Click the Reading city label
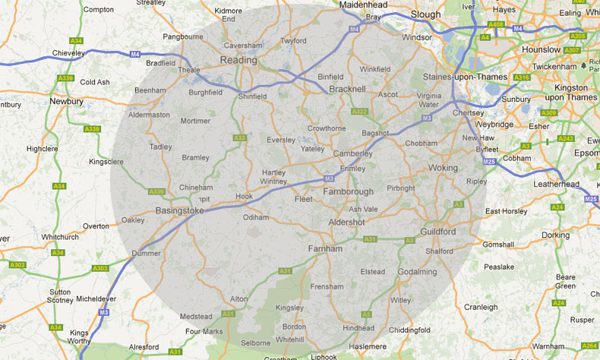(x=238, y=60)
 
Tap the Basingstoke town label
(x=180, y=210)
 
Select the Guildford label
(x=437, y=231)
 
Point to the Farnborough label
(x=349, y=192)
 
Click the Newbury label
(x=66, y=100)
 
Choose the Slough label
(x=425, y=14)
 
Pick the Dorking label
(x=555, y=235)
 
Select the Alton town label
(x=238, y=299)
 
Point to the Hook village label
(x=244, y=196)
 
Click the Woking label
(x=444, y=168)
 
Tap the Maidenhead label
(x=364, y=5)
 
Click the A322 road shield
(x=359, y=112)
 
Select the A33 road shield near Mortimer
(x=240, y=137)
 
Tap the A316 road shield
(x=521, y=77)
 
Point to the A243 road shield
(x=566, y=138)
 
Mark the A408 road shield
(x=496, y=25)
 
